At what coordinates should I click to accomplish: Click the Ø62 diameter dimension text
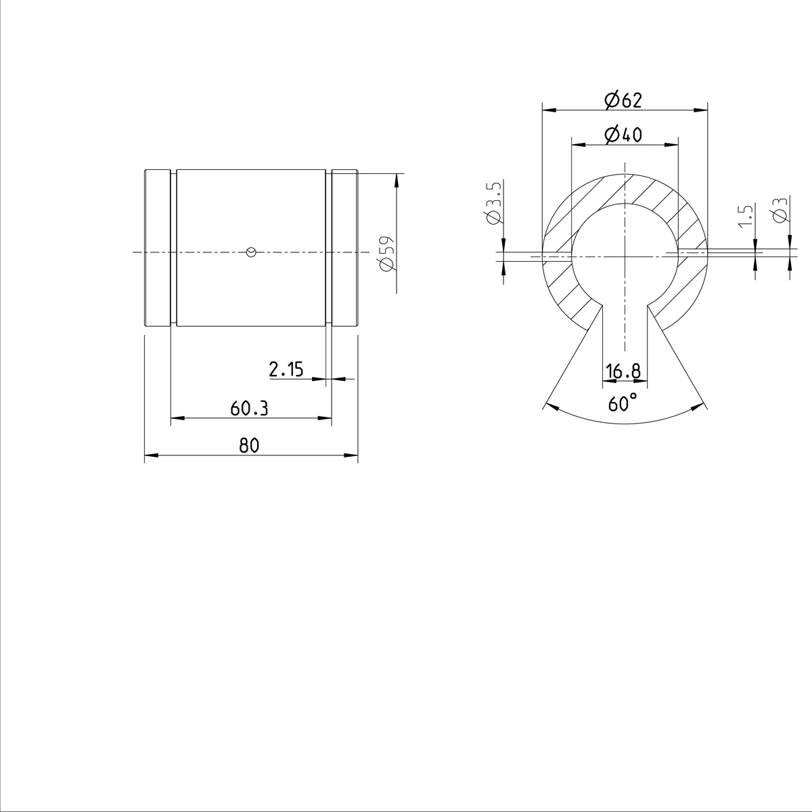(x=623, y=100)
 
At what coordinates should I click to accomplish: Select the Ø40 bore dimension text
(x=623, y=135)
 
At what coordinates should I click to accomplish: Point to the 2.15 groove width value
(x=286, y=369)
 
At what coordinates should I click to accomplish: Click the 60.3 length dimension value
(x=249, y=409)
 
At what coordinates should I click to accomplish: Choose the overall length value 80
(x=249, y=445)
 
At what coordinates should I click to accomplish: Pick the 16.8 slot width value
(x=623, y=371)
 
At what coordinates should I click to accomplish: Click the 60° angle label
(x=623, y=405)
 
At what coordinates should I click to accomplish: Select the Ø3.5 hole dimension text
(x=493, y=203)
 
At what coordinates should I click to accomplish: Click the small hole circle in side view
(x=251, y=252)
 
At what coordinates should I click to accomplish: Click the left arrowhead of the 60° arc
(x=549, y=407)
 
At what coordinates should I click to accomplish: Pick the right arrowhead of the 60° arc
(x=699, y=407)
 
